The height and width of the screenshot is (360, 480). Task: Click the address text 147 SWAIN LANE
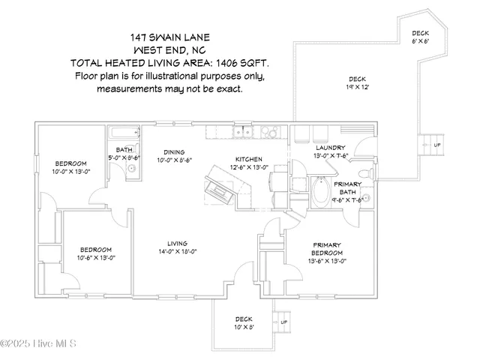pos(169,35)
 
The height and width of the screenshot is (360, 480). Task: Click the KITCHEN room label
pos(248,159)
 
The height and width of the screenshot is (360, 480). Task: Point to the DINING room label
pos(175,151)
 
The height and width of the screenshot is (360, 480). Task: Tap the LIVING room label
pos(177,243)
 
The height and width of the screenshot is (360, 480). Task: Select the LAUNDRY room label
pos(330,148)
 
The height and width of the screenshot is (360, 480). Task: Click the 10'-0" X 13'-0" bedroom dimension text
pos(70,172)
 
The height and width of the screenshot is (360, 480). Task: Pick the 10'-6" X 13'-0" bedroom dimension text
pos(96,258)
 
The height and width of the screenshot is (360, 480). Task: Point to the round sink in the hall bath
pos(130,168)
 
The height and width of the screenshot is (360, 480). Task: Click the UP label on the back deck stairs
pos(437,144)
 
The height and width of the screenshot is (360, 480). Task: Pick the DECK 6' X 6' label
pos(421,37)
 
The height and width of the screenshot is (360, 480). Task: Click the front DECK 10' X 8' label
pos(244,322)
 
